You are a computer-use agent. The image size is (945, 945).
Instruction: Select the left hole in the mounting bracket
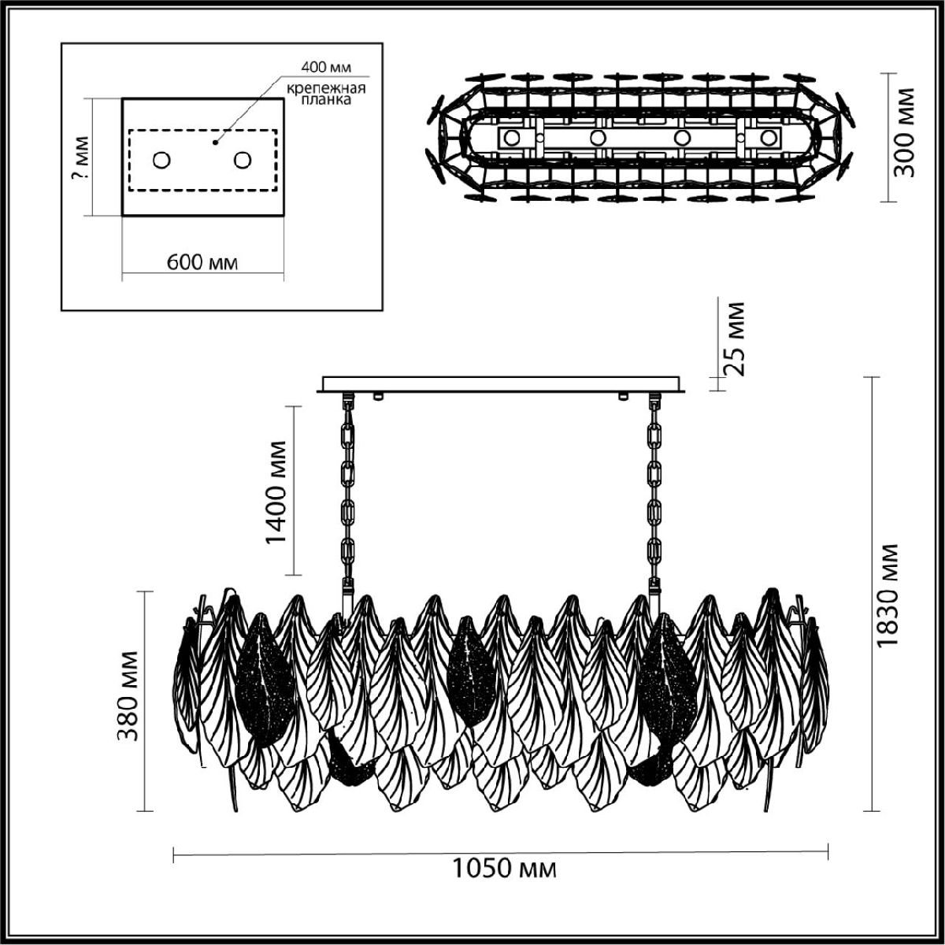click(x=161, y=160)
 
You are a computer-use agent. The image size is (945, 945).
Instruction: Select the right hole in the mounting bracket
click(x=242, y=160)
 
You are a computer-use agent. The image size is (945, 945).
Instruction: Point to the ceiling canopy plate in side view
click(x=504, y=384)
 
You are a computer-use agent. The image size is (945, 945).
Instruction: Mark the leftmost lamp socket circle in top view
click(x=512, y=138)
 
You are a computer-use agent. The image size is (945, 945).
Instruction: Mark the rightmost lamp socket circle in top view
click(x=767, y=138)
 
